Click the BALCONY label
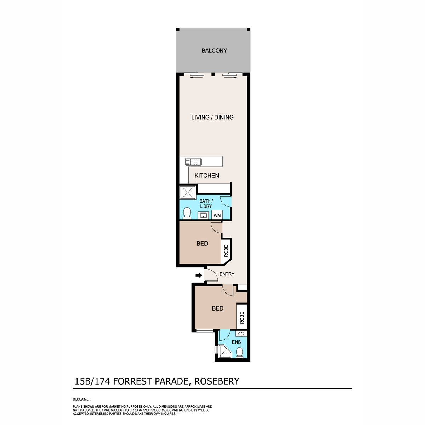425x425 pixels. tap(214, 51)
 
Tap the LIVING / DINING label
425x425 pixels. tap(212, 117)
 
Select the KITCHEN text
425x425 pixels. tap(206, 176)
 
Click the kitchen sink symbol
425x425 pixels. tap(193, 162)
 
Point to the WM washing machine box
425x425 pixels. tap(217, 215)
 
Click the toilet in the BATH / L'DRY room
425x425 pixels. tap(187, 213)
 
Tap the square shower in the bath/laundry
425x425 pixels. tap(188, 192)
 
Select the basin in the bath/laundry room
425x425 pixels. tap(203, 215)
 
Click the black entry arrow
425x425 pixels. tap(199, 275)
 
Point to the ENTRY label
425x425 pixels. tap(227, 274)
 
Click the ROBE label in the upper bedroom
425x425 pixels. tap(226, 251)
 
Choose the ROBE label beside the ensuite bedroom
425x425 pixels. tap(242, 318)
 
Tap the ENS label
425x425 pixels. tap(236, 342)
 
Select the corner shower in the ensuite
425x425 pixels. tap(225, 351)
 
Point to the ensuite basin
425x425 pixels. tap(241, 334)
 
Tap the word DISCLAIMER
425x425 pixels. tap(81, 399)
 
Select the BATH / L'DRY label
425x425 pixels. tap(206, 204)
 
